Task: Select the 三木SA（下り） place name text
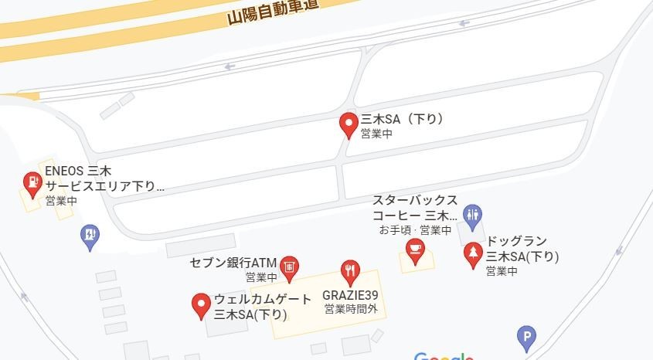pyautogui.click(x=403, y=119)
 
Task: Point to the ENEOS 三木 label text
pyautogui.click(x=78, y=171)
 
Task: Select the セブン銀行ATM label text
pyautogui.click(x=233, y=263)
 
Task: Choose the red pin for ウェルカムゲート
pyautogui.click(x=201, y=305)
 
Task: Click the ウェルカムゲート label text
pyautogui.click(x=263, y=299)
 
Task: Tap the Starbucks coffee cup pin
pyautogui.click(x=416, y=250)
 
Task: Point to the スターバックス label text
pyautogui.click(x=415, y=200)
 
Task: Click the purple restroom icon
pyautogui.click(x=472, y=214)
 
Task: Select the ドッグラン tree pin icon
pyautogui.click(x=472, y=254)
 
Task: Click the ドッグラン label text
pyautogui.click(x=515, y=240)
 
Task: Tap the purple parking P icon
pyautogui.click(x=526, y=338)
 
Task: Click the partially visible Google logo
pyautogui.click(x=444, y=357)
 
